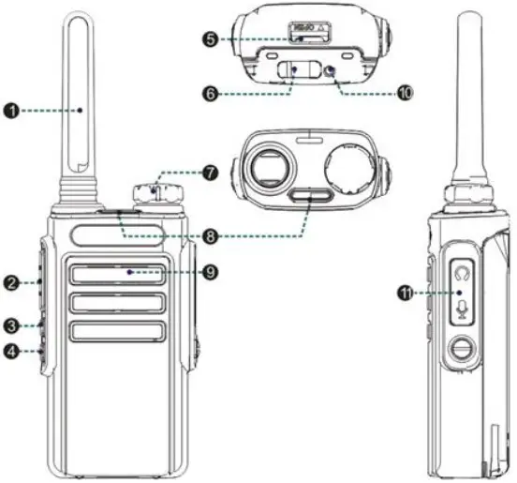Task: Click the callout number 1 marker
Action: (x=12, y=111)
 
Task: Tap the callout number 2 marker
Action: (x=11, y=281)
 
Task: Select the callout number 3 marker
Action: (x=11, y=326)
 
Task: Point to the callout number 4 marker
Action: (x=11, y=353)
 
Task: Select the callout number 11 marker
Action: (x=406, y=294)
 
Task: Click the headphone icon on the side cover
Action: (x=460, y=276)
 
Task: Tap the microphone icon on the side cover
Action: (x=460, y=309)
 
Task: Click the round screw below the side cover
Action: (x=460, y=353)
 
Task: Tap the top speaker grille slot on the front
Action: (x=116, y=275)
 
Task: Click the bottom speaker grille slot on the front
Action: (x=116, y=330)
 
